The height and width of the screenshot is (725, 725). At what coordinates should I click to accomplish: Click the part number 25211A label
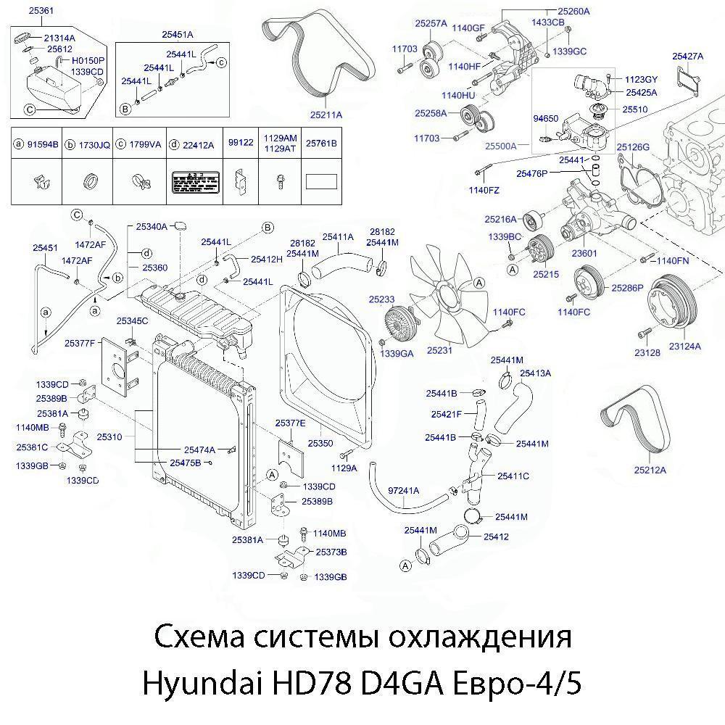coord(326,115)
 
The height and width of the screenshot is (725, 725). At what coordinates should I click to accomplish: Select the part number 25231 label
coord(439,350)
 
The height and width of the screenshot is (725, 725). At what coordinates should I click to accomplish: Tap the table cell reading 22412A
coord(197,144)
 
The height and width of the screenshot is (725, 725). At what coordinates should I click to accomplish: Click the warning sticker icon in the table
coord(192,181)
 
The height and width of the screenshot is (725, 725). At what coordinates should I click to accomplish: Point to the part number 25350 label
coord(320,442)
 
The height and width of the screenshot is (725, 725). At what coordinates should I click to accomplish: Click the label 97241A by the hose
coord(405,490)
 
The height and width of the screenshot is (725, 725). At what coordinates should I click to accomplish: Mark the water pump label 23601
coord(584,254)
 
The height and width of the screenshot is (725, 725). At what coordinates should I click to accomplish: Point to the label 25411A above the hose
coord(338,236)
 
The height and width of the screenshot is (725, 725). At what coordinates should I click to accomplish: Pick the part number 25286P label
coord(627,288)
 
